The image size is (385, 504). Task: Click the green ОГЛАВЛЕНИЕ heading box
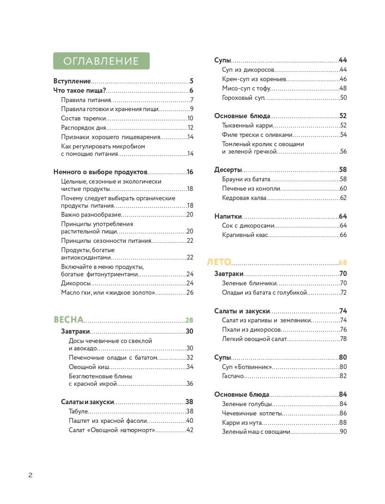pyautogui.click(x=101, y=61)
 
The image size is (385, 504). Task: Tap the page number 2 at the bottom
pyautogui.click(x=30, y=475)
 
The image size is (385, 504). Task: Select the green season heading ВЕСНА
pyautogui.click(x=69, y=320)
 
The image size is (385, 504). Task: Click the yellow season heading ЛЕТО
pyautogui.click(x=219, y=262)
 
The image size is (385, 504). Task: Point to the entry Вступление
pyautogui.click(x=72, y=81)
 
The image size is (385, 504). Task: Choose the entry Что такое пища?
pyautogui.click(x=80, y=90)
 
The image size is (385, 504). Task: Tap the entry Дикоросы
pyautogui.click(x=76, y=283)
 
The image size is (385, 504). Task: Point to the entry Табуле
pyautogui.click(x=78, y=411)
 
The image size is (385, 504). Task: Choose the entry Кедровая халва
pyautogui.click(x=244, y=198)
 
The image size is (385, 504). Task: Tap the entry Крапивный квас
pyautogui.click(x=245, y=235)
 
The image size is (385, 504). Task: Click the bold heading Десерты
pyautogui.click(x=228, y=170)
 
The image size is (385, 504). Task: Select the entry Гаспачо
pyautogui.click(x=233, y=376)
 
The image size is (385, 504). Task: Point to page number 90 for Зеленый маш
pyautogui.click(x=343, y=432)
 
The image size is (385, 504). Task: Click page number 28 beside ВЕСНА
pyautogui.click(x=189, y=321)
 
